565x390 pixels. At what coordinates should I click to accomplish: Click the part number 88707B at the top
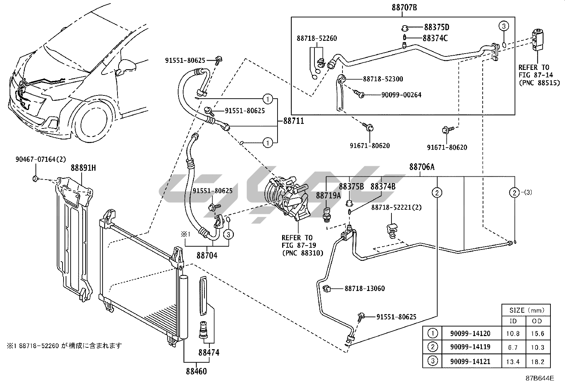(x=402, y=7)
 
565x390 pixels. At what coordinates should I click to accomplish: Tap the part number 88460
(x=196, y=371)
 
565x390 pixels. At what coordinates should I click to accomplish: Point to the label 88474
(x=209, y=352)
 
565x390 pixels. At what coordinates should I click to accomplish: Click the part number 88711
(x=294, y=121)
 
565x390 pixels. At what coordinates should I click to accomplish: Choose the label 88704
(x=207, y=255)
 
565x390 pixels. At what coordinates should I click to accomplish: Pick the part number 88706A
(x=422, y=167)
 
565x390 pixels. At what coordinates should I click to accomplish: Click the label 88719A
(x=328, y=195)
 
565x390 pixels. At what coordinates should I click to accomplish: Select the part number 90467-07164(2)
(x=40, y=160)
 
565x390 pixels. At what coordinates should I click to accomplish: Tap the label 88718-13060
(x=365, y=289)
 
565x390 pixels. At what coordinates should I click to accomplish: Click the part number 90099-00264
(x=401, y=95)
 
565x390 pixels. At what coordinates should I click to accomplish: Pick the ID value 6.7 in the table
(x=513, y=347)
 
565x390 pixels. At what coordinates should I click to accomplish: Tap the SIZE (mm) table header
(x=527, y=310)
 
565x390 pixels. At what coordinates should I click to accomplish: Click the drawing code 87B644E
(x=540, y=378)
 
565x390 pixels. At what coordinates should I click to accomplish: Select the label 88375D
(x=437, y=27)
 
